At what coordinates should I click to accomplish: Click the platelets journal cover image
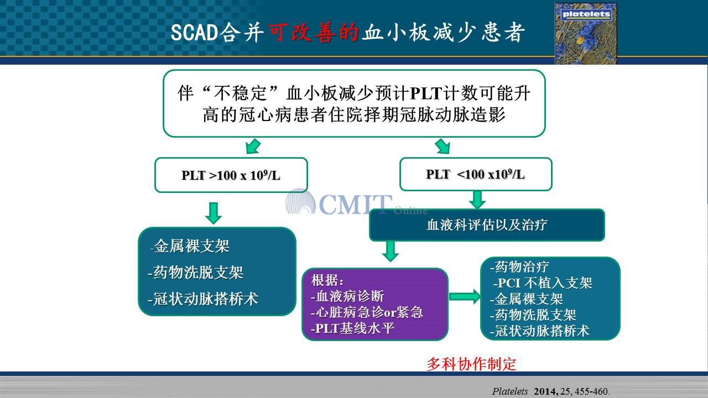[x=586, y=34]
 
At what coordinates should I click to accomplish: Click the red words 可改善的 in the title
[x=314, y=32]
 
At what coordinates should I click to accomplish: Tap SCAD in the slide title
[x=194, y=33]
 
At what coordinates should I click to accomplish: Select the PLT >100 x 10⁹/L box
[x=231, y=175]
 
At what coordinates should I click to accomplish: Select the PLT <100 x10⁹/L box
[x=476, y=174]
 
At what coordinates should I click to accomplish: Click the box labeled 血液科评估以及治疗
[x=487, y=225]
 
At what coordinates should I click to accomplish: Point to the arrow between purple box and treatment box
[x=465, y=297]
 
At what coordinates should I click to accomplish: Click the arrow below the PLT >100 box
[x=214, y=213]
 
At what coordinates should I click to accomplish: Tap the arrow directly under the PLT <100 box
[x=477, y=200]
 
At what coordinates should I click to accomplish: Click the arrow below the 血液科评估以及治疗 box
[x=391, y=251]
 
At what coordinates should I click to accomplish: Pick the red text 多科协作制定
[x=471, y=364]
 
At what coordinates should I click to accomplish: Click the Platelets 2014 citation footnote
[x=550, y=391]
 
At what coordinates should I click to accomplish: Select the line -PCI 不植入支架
[x=543, y=282]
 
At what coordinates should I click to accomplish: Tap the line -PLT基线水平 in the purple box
[x=353, y=328]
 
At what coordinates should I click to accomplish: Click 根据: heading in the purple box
[x=327, y=280]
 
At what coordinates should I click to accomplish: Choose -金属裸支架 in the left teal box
[x=190, y=246]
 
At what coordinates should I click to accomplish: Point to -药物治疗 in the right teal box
[x=519, y=266]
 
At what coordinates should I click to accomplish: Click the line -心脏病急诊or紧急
[x=367, y=312]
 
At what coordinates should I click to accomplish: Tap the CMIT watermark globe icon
[x=300, y=201]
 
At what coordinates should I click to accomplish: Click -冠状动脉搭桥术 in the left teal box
[x=203, y=299]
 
